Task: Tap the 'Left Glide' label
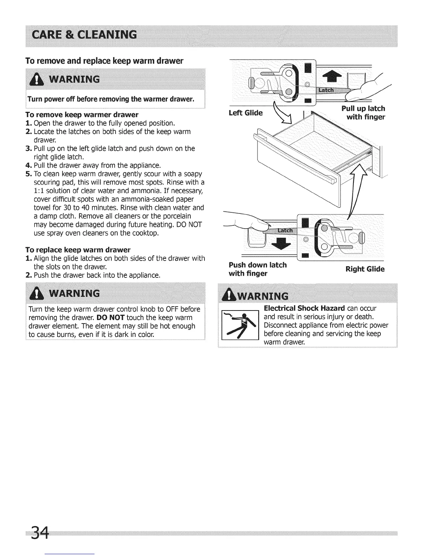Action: click(x=246, y=113)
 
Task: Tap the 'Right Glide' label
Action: click(x=365, y=269)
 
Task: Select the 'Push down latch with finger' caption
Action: click(x=258, y=269)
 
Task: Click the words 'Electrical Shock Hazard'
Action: click(x=304, y=308)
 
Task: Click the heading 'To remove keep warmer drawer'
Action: click(x=82, y=115)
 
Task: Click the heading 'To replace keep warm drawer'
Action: click(x=78, y=250)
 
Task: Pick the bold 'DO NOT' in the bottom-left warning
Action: click(x=112, y=318)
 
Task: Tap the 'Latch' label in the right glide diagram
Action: click(x=285, y=230)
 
